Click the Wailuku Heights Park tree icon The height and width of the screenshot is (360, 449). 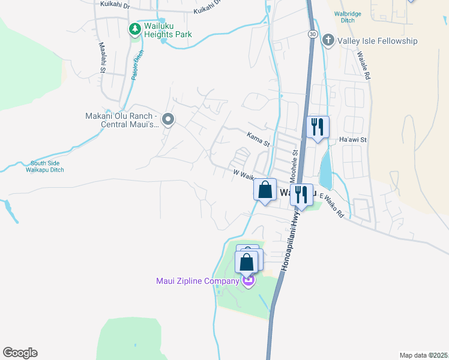click(135, 28)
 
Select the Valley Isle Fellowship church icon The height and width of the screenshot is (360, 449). click(328, 41)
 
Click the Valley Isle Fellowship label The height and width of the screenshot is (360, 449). click(378, 41)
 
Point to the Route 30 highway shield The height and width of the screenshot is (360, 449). click(313, 35)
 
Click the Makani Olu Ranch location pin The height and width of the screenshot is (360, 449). click(169, 120)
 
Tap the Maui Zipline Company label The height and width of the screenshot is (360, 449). click(197, 281)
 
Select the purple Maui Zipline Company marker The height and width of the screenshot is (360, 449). click(248, 280)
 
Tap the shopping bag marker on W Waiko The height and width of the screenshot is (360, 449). click(264, 191)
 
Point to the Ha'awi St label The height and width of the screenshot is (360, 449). click(352, 140)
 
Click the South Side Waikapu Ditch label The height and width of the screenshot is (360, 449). click(47, 166)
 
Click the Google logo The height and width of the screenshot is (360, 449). click(20, 353)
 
